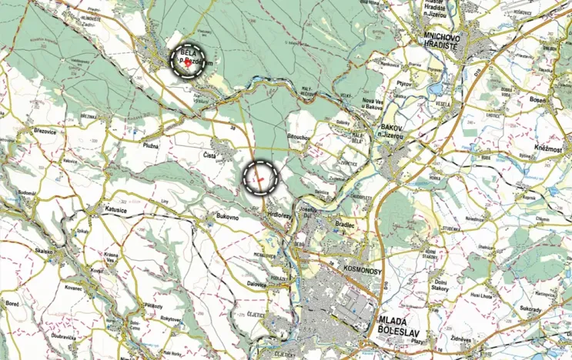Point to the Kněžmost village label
(x=550, y=147)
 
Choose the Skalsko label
(x=42, y=251)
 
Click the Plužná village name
(x=151, y=144)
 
